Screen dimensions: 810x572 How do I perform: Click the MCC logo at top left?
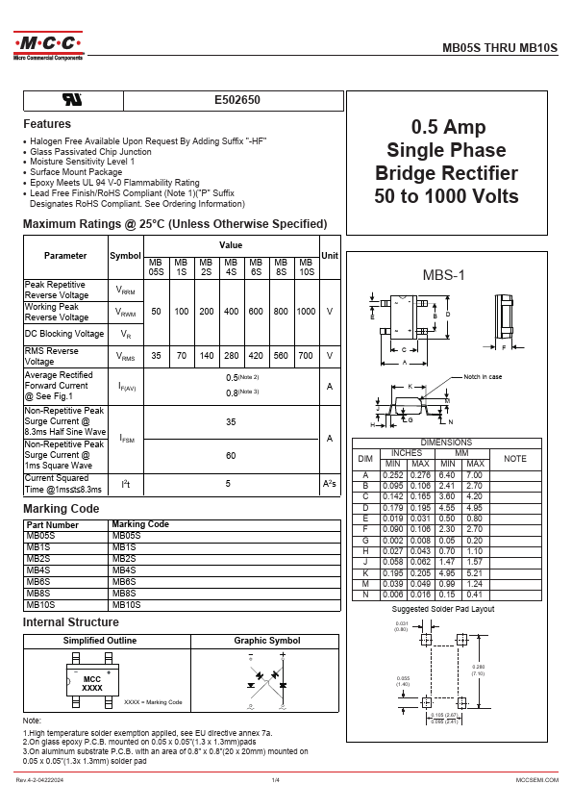(48, 45)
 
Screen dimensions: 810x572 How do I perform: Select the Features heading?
(47, 124)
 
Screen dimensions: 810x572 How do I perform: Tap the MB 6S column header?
(256, 266)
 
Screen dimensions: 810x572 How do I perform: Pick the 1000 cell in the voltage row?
(306, 312)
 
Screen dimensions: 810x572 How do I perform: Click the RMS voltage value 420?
(256, 356)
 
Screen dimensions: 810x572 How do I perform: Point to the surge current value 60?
(231, 455)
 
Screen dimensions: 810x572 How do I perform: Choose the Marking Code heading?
(61, 508)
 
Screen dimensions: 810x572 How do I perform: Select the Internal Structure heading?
(71, 622)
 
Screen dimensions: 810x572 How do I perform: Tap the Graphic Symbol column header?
(267, 641)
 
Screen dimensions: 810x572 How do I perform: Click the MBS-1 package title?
(444, 275)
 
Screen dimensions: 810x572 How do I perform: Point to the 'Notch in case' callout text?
(483, 376)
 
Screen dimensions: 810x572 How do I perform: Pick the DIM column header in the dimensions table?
(364, 459)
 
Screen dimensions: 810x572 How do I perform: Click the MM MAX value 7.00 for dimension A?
(474, 475)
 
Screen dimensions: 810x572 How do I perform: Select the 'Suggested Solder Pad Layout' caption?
(443, 610)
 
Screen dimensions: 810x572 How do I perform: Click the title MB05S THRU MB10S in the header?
(499, 45)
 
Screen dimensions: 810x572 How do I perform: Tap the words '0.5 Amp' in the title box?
(449, 127)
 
